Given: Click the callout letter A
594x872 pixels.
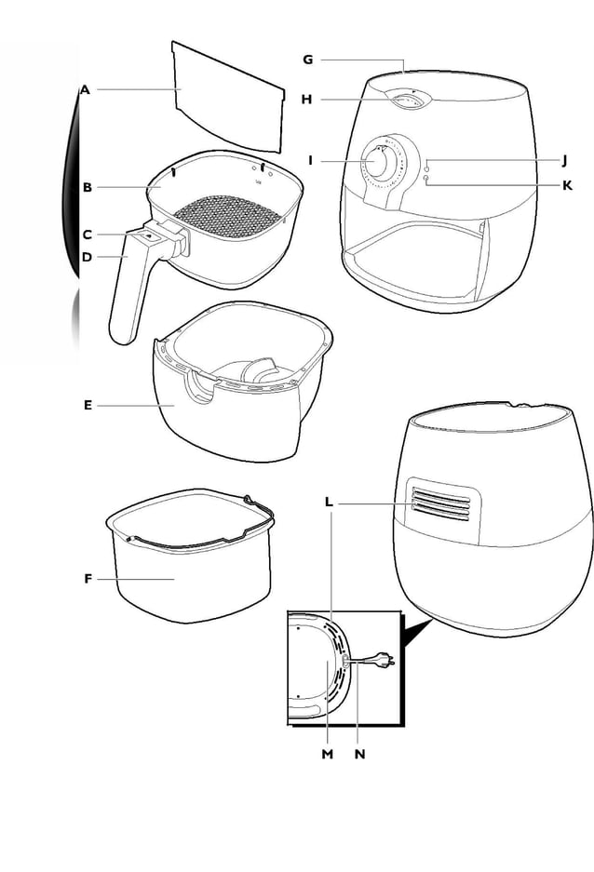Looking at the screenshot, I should click(85, 90).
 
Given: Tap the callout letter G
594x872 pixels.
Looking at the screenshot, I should click(307, 60).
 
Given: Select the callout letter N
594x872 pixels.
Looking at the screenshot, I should click(359, 754).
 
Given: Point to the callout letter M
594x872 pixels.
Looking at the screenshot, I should click(327, 754).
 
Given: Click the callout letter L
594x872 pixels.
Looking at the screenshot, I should click(329, 502).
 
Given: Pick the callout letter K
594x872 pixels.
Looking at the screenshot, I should click(567, 185).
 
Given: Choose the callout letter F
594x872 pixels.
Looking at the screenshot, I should click(88, 579).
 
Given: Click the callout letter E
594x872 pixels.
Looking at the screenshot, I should click(88, 405).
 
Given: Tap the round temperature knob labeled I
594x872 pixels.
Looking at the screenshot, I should click(379, 160).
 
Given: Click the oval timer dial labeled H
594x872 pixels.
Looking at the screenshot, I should click(405, 100).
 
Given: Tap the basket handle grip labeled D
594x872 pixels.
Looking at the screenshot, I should click(125, 298).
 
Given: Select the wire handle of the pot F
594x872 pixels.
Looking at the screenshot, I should click(186, 532).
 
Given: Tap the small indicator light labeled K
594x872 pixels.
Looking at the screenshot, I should click(426, 179).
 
